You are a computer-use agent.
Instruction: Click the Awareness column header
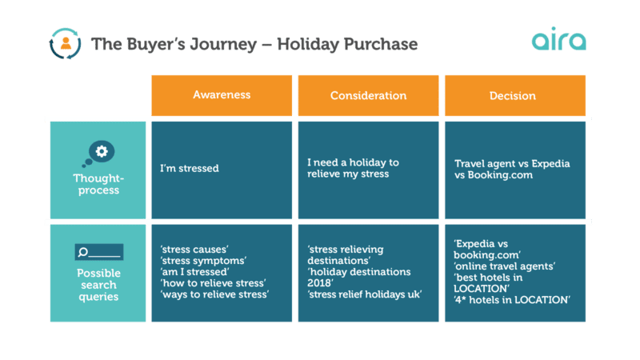(x=222, y=94)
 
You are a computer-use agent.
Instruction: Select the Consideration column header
(x=368, y=95)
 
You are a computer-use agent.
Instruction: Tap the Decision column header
(x=513, y=95)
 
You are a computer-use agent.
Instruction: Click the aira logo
(x=558, y=41)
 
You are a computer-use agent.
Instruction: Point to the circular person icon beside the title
(x=65, y=43)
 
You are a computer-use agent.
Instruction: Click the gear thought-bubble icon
(x=98, y=152)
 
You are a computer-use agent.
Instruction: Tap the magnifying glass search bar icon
(x=98, y=253)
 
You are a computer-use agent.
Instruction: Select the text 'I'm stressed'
(x=190, y=169)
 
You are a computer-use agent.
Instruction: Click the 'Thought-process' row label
(x=98, y=185)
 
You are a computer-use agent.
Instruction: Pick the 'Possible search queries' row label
(x=98, y=286)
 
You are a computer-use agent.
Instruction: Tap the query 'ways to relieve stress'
(x=214, y=295)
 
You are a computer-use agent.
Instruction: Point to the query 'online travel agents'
(x=504, y=266)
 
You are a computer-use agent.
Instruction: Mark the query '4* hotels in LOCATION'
(x=511, y=300)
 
